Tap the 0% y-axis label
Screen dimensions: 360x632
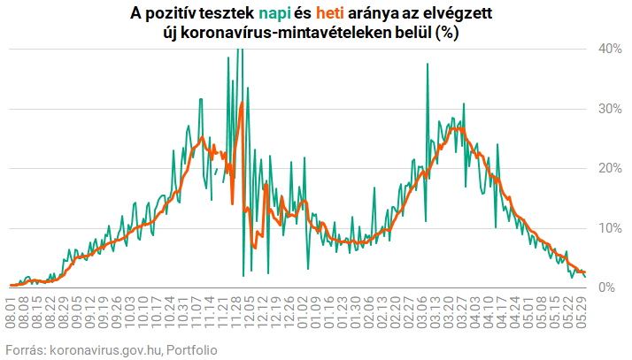(610, 287)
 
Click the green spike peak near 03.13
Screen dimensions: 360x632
(428, 65)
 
